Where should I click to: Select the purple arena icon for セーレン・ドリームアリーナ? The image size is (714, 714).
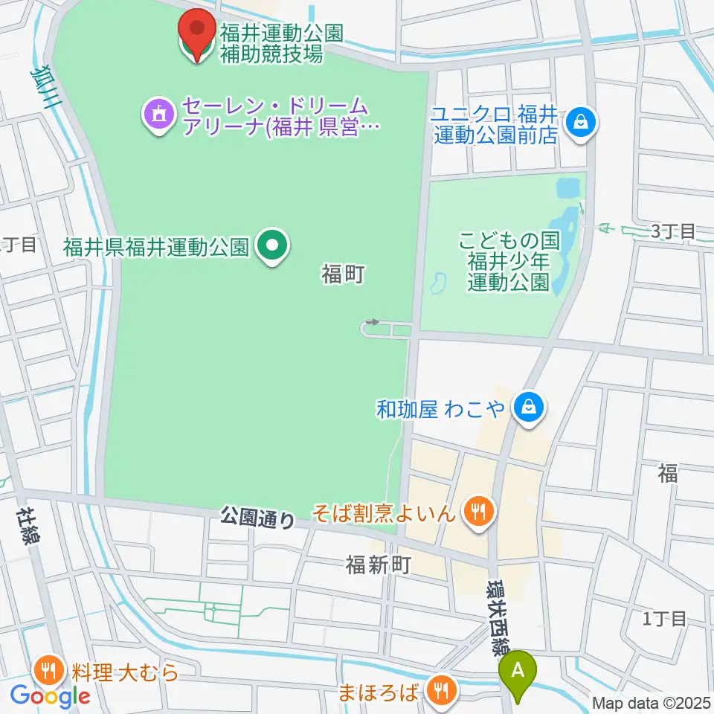158,115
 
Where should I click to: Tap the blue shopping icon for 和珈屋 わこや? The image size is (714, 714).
528,408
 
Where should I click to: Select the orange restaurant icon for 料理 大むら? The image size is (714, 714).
49,672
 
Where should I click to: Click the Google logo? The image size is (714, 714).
50,697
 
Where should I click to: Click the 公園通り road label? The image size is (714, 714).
257,517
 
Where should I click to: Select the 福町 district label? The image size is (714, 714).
343,274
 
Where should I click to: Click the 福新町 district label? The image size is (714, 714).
379,566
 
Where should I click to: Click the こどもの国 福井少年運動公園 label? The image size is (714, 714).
508,262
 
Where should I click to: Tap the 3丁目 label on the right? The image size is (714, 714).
673,231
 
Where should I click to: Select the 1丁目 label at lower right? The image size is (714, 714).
664,618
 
